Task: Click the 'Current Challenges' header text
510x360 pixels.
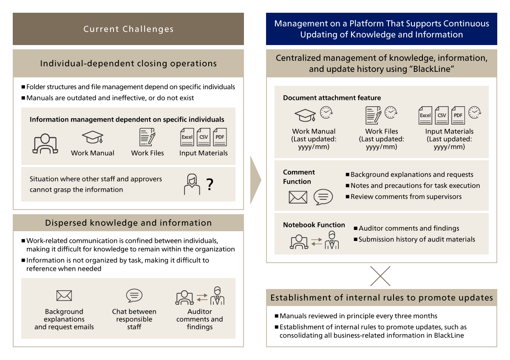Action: pos(128,29)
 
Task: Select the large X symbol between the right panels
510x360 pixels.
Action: pos(380,276)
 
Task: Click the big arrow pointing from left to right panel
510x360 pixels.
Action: pos(255,180)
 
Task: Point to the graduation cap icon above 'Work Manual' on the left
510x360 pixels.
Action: pos(93,137)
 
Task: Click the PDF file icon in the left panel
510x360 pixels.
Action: pos(220,137)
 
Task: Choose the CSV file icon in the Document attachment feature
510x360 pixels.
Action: pos(442,116)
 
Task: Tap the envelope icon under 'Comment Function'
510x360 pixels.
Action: pos(298,197)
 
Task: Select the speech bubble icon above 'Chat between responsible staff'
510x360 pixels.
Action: pos(134,295)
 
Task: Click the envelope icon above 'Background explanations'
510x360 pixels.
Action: pos(64,296)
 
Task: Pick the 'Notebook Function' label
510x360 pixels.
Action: pos(314,225)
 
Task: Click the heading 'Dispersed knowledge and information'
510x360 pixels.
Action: pos(128,223)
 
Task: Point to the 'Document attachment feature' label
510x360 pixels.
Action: pos(332,98)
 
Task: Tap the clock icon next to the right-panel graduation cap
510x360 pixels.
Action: pos(326,112)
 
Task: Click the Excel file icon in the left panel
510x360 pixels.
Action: pos(187,137)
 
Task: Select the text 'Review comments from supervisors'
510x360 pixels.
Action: pos(406,196)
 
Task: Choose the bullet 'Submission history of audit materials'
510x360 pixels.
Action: pos(416,239)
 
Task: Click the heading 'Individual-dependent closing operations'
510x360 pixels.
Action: pos(128,64)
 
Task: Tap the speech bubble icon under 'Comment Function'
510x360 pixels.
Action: pos(323,197)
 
